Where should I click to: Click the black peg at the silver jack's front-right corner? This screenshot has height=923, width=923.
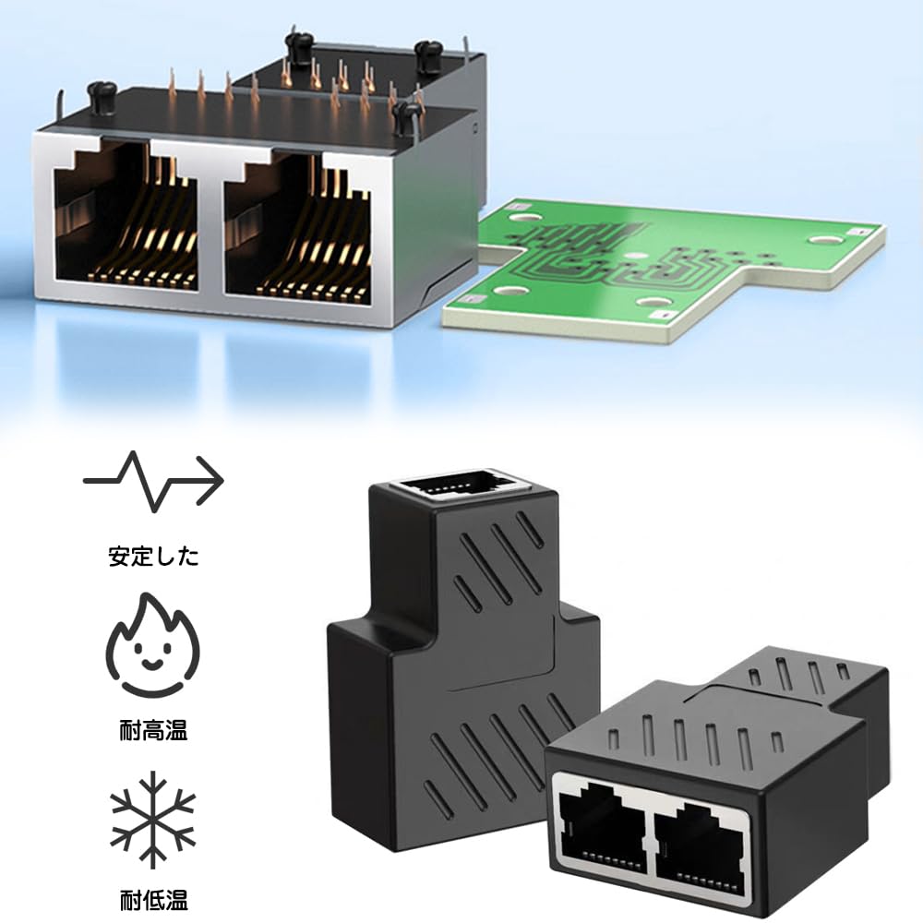[403, 116]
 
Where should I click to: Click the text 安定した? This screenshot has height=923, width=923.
[153, 557]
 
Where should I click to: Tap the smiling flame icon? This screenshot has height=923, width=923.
[153, 647]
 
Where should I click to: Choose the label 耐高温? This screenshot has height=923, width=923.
[153, 732]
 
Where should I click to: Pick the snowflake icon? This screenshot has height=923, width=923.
[153, 815]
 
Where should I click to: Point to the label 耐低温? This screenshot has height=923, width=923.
[153, 896]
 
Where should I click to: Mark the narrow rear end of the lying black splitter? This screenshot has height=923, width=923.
[821, 678]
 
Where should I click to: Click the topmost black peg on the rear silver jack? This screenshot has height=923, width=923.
[296, 42]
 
